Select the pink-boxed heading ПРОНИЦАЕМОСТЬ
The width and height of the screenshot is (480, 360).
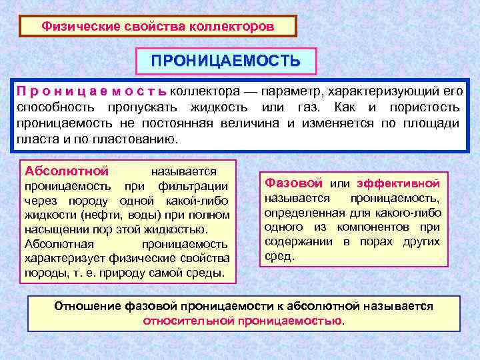225,61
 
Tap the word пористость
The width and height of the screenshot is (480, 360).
427,107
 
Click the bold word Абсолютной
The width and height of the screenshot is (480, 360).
63,170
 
